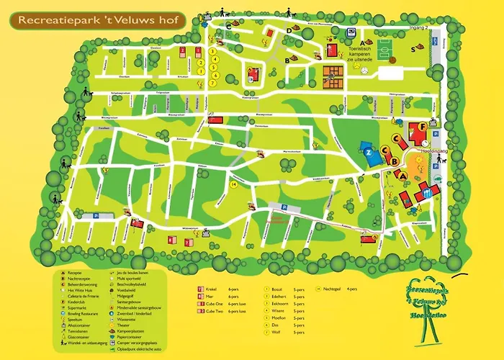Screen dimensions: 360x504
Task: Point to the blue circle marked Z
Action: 369,153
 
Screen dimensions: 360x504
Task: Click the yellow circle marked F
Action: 421,127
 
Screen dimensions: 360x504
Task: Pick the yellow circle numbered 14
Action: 233,184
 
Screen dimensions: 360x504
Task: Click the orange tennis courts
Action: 333,72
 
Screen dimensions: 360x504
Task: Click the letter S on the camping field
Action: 413,49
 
